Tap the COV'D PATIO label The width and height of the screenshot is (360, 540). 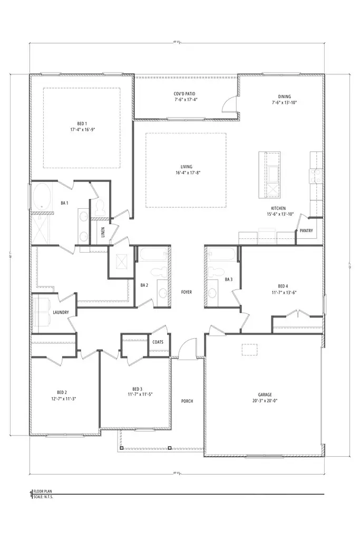click(185, 93)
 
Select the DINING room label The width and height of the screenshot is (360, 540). click(285, 97)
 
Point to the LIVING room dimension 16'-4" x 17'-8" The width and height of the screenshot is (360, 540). click(185, 172)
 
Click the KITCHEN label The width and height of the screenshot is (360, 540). click(278, 208)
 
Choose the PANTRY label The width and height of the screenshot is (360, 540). click(306, 230)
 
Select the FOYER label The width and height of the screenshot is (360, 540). click(186, 292)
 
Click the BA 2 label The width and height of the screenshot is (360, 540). click(143, 285)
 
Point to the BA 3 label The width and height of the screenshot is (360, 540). click(229, 279)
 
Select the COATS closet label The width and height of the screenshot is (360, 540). click(158, 342)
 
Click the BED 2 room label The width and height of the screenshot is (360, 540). click(62, 392)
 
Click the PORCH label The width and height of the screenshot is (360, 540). click(187, 401)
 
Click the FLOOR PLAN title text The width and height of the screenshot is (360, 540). click(42, 490)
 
